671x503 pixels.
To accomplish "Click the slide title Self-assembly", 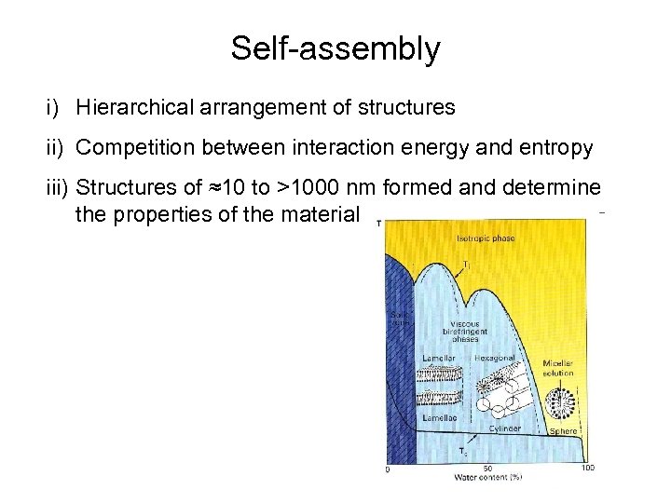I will (x=335, y=48).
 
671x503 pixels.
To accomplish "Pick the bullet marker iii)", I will (x=56, y=188).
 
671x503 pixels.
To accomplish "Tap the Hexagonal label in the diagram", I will (x=495, y=358).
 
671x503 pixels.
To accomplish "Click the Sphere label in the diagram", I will (x=564, y=431).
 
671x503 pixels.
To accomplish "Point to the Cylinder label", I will (x=503, y=429).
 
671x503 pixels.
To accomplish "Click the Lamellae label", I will (x=439, y=420).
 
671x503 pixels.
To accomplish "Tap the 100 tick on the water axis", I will (x=587, y=468).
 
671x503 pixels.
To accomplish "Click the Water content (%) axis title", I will (x=487, y=478).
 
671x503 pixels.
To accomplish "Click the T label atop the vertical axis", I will (x=378, y=224).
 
